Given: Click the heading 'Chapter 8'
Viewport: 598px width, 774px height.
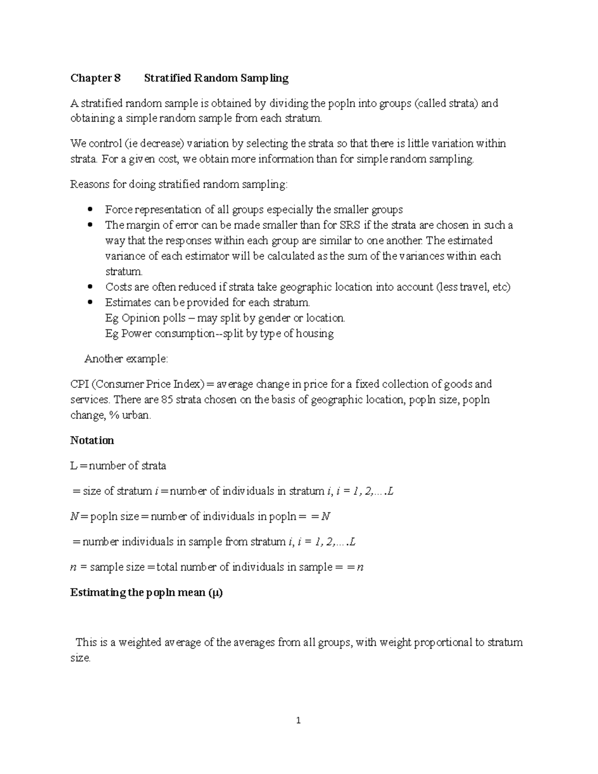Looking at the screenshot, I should click(x=95, y=78).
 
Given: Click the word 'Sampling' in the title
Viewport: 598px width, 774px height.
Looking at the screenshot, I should click(x=265, y=78).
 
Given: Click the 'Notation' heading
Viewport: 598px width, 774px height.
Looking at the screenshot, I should click(x=92, y=441).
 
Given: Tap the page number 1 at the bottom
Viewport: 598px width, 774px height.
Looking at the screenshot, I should click(x=299, y=720).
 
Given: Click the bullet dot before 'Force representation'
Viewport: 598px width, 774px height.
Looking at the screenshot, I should click(x=90, y=209).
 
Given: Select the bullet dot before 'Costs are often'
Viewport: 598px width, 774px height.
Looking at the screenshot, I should click(x=90, y=287).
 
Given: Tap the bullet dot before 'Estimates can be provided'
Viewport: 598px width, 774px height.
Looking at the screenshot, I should click(x=90, y=303).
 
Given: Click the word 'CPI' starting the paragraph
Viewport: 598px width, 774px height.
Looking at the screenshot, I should click(x=80, y=384).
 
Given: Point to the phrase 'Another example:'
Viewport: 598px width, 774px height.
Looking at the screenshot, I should click(x=126, y=359).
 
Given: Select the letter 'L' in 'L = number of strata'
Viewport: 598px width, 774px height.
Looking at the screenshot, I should click(x=74, y=466).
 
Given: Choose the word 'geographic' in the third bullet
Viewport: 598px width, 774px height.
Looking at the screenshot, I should click(x=305, y=287).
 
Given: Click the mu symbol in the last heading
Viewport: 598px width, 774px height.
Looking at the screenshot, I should click(x=215, y=593).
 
